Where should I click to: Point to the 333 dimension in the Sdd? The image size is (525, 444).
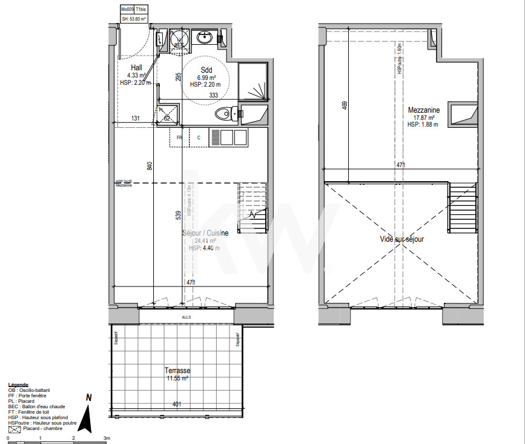[214, 96]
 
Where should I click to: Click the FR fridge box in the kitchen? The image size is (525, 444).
[179, 138]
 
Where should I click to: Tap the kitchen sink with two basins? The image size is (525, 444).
[228, 138]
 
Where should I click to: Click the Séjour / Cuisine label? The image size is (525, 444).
[205, 233]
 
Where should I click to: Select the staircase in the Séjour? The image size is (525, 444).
[253, 207]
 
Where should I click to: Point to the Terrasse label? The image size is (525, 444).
[177, 370]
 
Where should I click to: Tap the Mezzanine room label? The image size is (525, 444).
[424, 110]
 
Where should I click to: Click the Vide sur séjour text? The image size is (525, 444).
[401, 239]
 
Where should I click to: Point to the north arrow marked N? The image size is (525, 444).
[88, 417]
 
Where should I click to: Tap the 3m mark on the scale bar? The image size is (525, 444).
[107, 437]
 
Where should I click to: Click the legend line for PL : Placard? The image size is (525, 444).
[22, 401]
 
